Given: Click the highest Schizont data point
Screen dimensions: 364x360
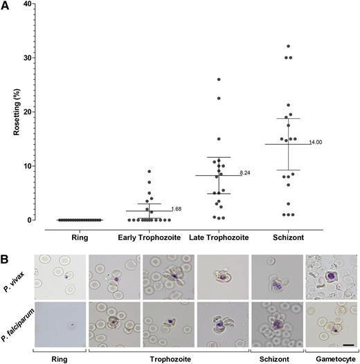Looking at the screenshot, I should pyautogui.click(x=287, y=46).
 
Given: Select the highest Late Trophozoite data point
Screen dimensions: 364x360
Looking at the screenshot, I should pyautogui.click(x=218, y=80).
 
